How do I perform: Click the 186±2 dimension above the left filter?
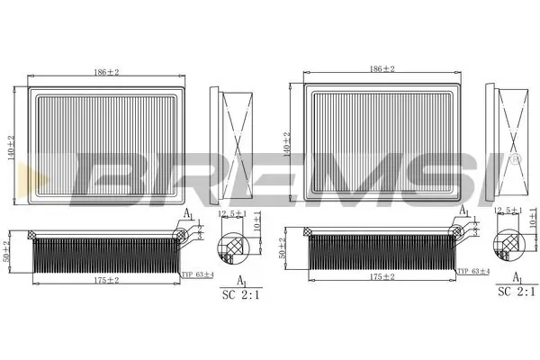click(106, 70)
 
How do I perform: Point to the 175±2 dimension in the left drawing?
click(106, 280)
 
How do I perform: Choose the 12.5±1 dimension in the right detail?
click(507, 211)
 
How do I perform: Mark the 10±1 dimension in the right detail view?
click(533, 218)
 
